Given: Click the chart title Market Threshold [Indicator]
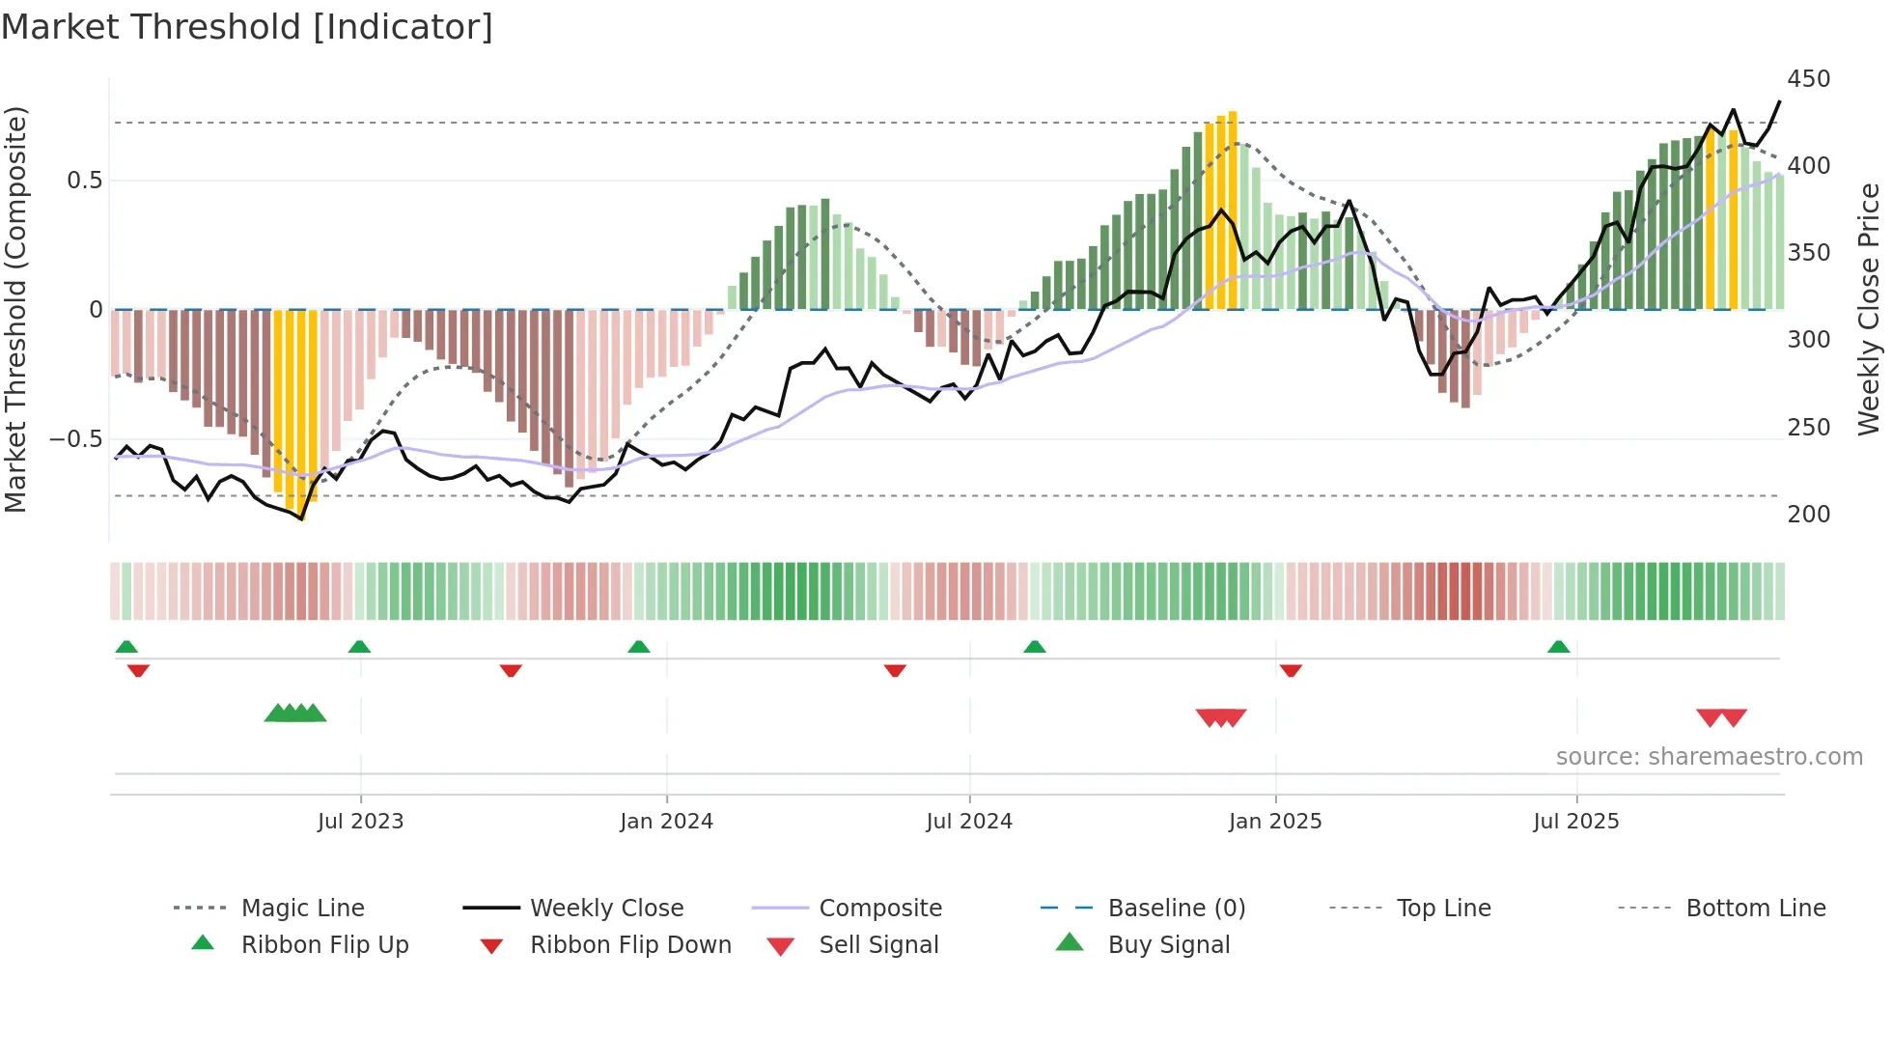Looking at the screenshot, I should (x=247, y=27).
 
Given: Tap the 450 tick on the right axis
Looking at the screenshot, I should (x=1808, y=79).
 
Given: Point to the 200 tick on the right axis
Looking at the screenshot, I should (x=1808, y=515).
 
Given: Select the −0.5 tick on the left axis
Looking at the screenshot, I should (x=76, y=439).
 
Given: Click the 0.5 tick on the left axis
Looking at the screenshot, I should (x=84, y=181).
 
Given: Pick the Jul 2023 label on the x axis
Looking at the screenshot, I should (x=360, y=822).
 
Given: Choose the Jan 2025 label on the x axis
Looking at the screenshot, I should (x=1274, y=822).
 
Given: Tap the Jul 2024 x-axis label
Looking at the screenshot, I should (x=968, y=822).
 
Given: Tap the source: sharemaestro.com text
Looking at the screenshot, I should (x=1709, y=757).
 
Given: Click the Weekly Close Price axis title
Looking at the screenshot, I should (x=1869, y=309).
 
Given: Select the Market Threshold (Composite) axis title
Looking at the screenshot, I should (x=15, y=309).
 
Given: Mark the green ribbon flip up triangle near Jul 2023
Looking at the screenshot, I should (x=359, y=647).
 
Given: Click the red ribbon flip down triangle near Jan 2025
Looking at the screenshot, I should (x=1291, y=670).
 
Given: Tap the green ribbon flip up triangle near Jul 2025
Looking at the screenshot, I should (x=1558, y=647).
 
